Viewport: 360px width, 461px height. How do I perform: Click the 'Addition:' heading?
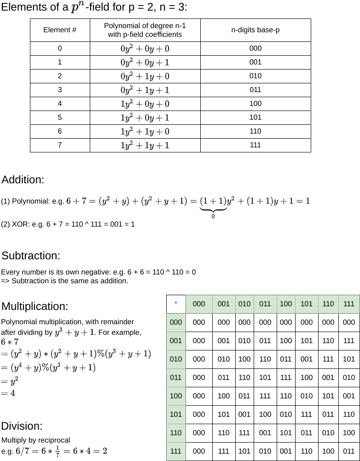[x=23, y=180]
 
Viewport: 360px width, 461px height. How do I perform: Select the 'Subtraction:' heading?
[x=31, y=256]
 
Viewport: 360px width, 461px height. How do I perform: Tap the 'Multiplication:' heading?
[x=35, y=306]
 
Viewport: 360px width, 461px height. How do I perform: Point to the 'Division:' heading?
[x=22, y=426]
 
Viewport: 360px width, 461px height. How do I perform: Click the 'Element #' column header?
[x=60, y=30]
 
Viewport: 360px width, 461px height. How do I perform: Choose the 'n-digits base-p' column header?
[x=255, y=30]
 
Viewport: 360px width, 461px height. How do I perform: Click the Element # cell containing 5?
[x=60, y=117]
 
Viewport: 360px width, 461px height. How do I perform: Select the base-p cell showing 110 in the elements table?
[x=255, y=131]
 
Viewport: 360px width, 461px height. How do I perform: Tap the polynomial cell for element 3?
[x=145, y=90]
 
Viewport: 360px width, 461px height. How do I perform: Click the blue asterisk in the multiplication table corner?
[x=176, y=303]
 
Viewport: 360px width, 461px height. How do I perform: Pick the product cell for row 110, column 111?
[x=349, y=432]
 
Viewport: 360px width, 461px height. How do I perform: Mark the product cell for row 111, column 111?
[x=349, y=451]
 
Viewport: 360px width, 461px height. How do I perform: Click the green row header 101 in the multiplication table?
[x=176, y=414]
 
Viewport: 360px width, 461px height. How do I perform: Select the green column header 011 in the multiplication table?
[x=265, y=303]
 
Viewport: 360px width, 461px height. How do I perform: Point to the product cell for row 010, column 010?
[x=244, y=359]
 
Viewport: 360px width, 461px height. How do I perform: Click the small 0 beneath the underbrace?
[x=213, y=216]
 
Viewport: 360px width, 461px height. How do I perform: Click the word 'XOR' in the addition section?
[x=19, y=224]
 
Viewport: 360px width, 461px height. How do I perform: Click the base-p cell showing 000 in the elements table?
[x=255, y=48]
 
